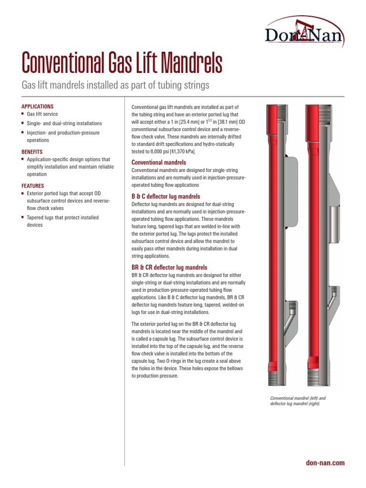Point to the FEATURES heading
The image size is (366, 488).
tap(33, 185)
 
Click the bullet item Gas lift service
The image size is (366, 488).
tap(44, 115)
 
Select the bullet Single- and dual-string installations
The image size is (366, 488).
tap(64, 123)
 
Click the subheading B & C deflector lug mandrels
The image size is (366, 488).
tap(165, 196)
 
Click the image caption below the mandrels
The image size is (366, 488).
tap(298, 401)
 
